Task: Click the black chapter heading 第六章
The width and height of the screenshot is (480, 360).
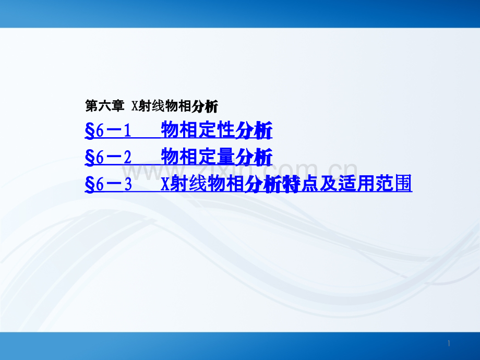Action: click(104, 106)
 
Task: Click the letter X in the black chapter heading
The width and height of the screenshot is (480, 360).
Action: click(135, 106)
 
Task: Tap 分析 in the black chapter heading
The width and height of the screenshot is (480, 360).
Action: click(205, 106)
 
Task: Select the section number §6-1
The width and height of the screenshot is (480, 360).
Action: click(108, 131)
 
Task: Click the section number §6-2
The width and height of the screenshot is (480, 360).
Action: click(108, 158)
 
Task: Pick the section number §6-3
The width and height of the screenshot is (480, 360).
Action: click(108, 184)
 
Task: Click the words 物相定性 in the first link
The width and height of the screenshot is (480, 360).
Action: click(198, 130)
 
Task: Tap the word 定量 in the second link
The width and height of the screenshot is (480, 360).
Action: click(217, 157)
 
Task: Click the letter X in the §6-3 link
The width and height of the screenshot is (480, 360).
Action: click(165, 184)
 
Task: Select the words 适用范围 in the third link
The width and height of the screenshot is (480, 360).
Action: click(375, 184)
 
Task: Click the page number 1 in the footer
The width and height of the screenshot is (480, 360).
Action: click(449, 343)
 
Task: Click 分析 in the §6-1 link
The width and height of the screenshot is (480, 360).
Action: click(254, 130)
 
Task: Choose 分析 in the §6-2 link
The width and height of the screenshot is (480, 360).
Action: click(254, 157)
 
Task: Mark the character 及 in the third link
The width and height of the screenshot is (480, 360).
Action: click(329, 184)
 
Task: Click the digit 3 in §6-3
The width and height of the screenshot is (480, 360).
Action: click(128, 185)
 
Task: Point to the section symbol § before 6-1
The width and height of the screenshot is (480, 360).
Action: click(90, 131)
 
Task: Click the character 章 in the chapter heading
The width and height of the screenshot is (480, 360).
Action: click(117, 106)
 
